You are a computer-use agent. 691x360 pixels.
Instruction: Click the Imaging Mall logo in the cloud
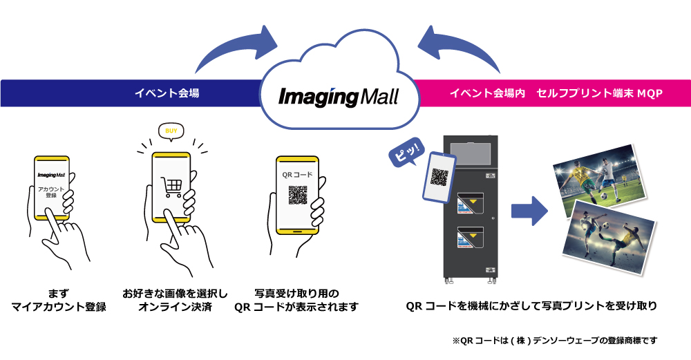pyautogui.click(x=339, y=95)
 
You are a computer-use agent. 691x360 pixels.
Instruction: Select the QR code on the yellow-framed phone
pyautogui.click(x=297, y=195)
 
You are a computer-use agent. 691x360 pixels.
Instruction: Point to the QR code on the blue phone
pyautogui.click(x=440, y=176)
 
